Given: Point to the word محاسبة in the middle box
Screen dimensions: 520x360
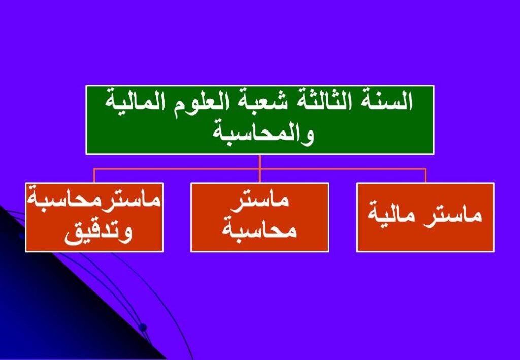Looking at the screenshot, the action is click(259, 228).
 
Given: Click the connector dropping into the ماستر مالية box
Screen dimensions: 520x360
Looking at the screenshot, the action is click(425, 176).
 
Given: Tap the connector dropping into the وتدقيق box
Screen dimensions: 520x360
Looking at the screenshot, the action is click(94, 176).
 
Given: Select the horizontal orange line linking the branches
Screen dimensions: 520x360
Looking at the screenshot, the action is click(259, 169).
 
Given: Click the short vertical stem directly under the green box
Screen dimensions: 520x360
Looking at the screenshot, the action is click(259, 161).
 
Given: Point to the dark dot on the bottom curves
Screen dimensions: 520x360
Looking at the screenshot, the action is click(143, 328).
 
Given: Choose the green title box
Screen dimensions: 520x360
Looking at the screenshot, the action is click(259, 120).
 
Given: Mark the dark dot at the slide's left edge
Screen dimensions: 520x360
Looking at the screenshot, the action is click(21, 236).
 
